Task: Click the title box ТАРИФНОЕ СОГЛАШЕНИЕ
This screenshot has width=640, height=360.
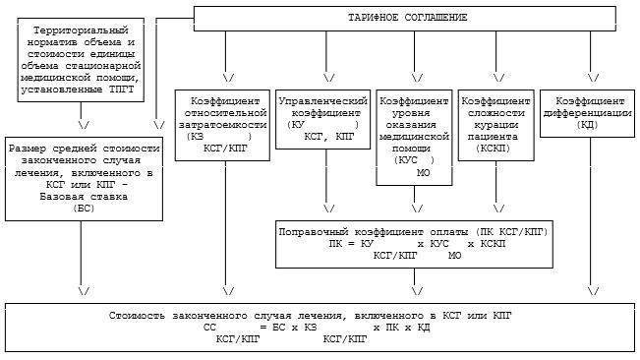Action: (404, 19)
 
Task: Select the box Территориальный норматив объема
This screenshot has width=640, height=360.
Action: (81, 60)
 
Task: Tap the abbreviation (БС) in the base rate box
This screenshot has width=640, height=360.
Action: (84, 209)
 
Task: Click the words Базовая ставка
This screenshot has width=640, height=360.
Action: (84, 197)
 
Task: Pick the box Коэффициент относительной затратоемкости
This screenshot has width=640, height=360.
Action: (222, 125)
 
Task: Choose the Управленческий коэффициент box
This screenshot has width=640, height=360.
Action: (322, 119)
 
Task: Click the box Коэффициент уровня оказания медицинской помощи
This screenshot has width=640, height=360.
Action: (414, 138)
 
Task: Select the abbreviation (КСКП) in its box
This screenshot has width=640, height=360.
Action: (494, 149)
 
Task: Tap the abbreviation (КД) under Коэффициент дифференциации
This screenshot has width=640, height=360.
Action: (587, 125)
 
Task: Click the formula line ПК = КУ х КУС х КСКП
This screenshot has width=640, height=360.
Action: (417, 244)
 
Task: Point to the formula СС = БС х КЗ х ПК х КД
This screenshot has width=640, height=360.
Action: (317, 328)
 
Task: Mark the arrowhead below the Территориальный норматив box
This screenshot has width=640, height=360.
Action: (84, 125)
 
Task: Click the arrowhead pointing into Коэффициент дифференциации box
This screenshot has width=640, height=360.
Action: (593, 77)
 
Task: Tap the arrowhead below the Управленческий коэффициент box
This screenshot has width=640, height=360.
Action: (328, 209)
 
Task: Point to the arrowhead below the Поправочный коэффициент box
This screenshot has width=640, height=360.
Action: (417, 291)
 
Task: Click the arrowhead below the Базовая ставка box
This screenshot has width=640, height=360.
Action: (84, 291)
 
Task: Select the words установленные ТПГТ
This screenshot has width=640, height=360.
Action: (77, 90)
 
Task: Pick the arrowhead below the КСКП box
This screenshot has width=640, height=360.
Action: (498, 209)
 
